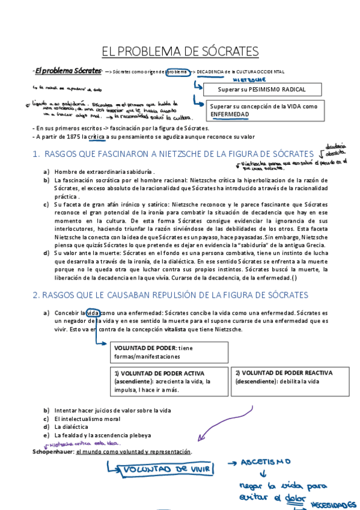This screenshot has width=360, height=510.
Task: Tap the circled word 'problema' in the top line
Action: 177,72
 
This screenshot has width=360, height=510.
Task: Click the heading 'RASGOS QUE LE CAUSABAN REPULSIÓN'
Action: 170,295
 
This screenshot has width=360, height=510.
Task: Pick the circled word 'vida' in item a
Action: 93,313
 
